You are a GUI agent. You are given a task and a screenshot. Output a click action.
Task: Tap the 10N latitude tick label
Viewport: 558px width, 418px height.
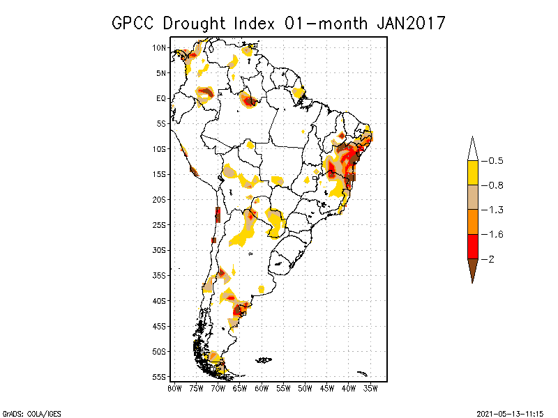pos(160,47)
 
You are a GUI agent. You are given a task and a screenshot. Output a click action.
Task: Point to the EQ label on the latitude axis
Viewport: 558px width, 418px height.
pos(161,98)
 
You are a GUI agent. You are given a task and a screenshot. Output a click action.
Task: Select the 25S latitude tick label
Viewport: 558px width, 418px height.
pos(160,224)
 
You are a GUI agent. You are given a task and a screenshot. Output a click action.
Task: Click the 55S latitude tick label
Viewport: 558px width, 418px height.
pos(160,376)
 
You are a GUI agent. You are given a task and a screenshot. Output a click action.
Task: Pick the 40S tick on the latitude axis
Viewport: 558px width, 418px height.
pos(160,300)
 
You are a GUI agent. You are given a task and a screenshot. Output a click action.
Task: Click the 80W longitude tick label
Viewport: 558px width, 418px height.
pos(174,388)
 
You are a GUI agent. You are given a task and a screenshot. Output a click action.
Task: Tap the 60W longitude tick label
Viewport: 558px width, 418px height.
pos(262,388)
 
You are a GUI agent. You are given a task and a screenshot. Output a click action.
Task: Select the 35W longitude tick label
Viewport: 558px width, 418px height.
pos(370,388)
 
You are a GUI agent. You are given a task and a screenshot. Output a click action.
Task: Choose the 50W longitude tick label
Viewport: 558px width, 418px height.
pos(305,388)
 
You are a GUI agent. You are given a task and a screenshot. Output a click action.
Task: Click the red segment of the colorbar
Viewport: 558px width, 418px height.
pos(472,246)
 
